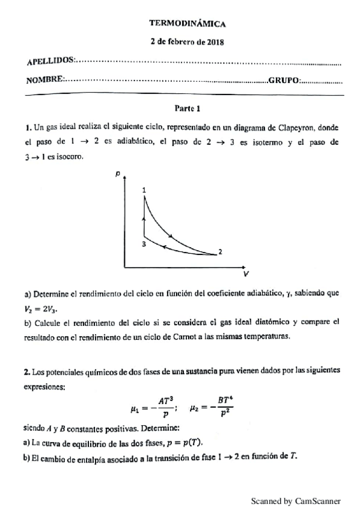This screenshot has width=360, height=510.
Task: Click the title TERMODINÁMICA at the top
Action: click(x=187, y=23)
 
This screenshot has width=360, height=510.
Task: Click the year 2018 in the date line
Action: click(x=215, y=43)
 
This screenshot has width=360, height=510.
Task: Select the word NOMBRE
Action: click(x=44, y=81)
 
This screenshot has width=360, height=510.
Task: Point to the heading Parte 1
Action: click(x=187, y=109)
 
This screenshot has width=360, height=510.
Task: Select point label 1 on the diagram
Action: click(x=144, y=190)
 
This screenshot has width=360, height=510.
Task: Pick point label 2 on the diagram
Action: click(x=220, y=252)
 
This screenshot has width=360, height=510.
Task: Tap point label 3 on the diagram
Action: click(x=144, y=244)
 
